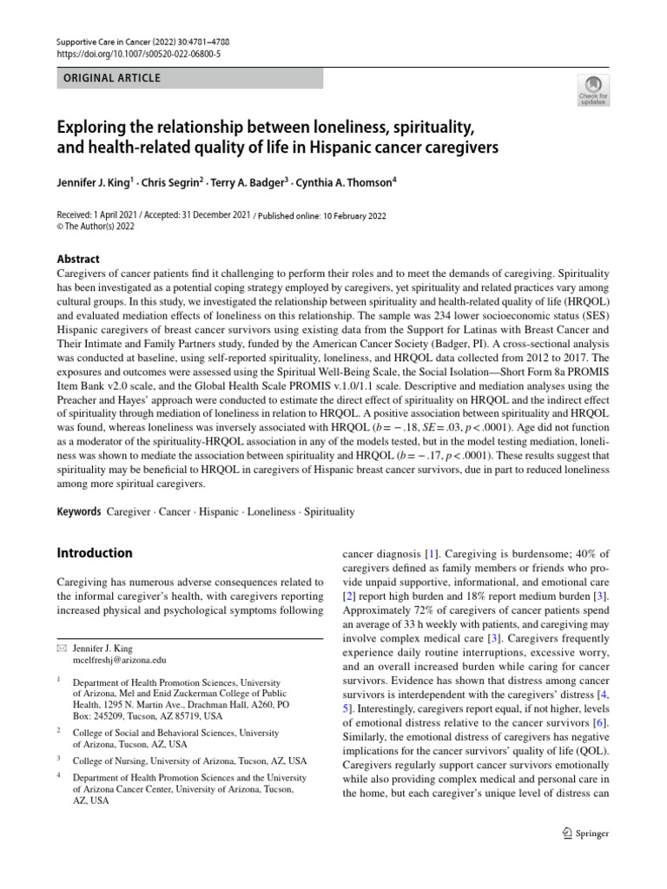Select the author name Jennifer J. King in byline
click(x=93, y=183)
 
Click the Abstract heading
click(x=77, y=259)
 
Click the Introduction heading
click(x=95, y=553)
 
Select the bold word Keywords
click(x=79, y=512)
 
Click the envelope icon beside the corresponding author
click(x=61, y=648)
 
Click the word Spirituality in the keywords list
click(x=327, y=512)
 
